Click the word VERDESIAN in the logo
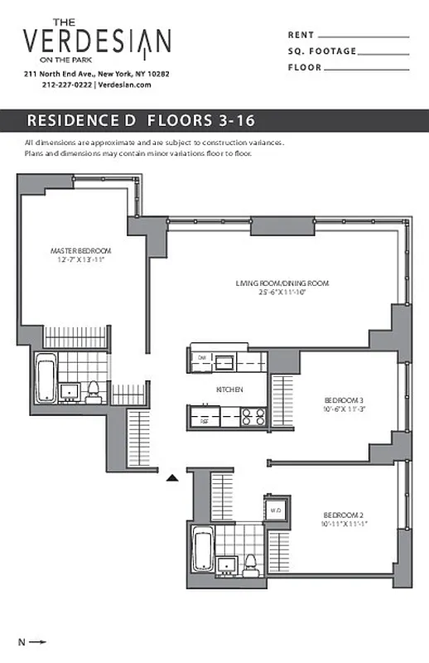point(97,41)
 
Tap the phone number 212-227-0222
point(67,85)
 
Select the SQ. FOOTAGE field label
point(322,51)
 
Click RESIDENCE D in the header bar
point(81,120)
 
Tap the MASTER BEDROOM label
point(80,250)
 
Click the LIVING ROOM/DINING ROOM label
point(282,283)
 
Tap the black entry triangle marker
point(172,477)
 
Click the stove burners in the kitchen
point(253,416)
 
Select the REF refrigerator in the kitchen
point(204,420)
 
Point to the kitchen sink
point(224,361)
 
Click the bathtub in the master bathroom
point(46,377)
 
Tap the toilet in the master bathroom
point(93,390)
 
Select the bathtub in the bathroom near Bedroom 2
point(202,551)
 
